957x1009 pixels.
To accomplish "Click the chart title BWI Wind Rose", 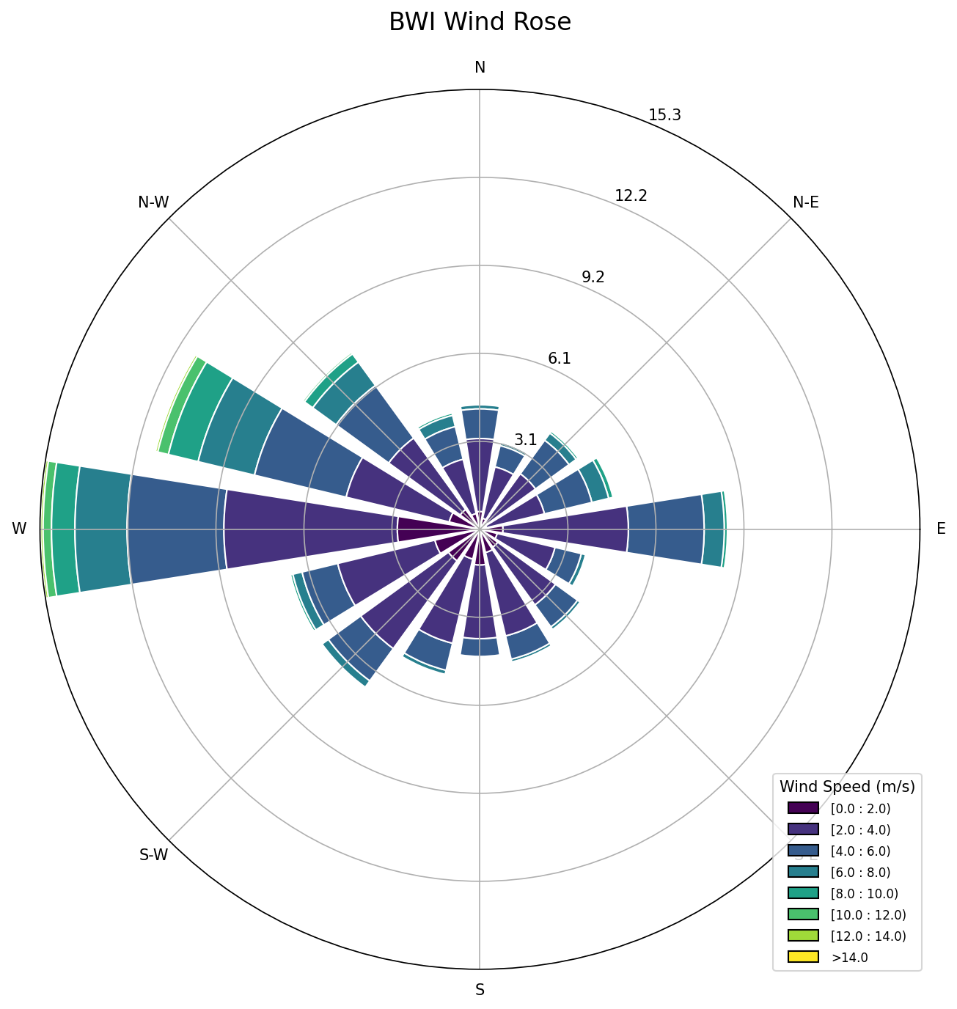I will pos(480,23).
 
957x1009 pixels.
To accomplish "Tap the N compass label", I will pos(480,67).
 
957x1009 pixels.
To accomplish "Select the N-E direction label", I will pos(805,202).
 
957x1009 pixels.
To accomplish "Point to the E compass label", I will pos(941,529).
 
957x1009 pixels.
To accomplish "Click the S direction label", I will pos(480,990).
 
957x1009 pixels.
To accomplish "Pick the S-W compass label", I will pos(153,855).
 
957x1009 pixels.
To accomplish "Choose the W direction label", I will pos(19,529).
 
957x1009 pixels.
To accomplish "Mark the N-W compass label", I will pos(153,202).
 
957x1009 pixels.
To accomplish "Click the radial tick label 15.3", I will pos(664,115).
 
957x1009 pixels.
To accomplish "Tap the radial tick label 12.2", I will pos(631,196).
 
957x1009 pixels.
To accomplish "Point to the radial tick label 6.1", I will pos(559,359).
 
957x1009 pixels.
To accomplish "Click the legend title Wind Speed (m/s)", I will pos(847,787).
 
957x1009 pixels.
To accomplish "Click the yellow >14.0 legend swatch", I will pos(803,956).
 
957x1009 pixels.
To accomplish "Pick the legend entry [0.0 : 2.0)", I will pos(860,809).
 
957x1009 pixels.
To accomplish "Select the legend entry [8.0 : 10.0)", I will pos(864,893).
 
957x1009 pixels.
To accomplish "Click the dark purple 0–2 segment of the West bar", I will pos(424,529).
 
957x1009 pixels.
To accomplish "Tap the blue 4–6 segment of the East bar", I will pos(665,529).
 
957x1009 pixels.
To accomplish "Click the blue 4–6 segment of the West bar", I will pos(176,529).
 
